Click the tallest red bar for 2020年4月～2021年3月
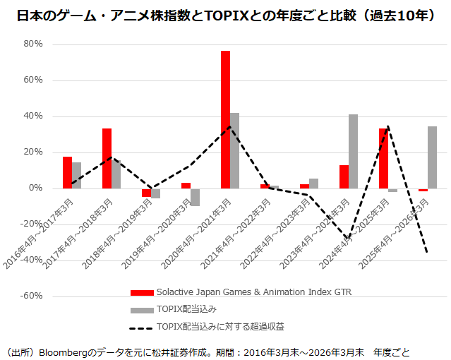point(225,119)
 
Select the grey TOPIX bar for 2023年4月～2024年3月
point(353,151)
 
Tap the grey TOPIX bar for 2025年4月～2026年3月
point(432,157)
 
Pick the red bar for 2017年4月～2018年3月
point(107,158)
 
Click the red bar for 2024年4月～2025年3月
point(383,158)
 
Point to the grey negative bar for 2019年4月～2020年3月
point(195,197)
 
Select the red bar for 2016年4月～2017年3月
point(67,172)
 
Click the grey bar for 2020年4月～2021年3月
point(234,150)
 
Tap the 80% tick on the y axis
point(33,44)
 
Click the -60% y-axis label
point(32,296)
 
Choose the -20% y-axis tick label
point(32,224)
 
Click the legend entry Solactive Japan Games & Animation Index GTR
point(253,292)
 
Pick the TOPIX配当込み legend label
point(186,308)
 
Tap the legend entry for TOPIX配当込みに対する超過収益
point(220,326)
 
